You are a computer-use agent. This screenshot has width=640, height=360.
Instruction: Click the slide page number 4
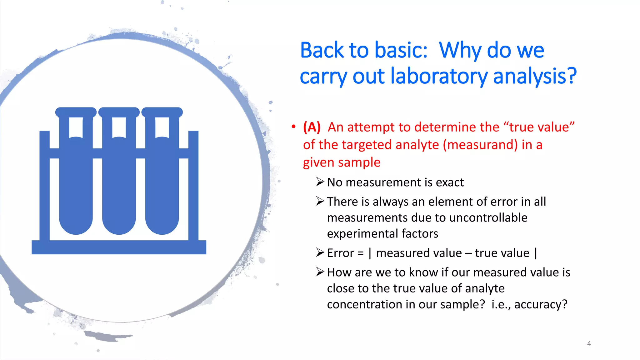coord(589,344)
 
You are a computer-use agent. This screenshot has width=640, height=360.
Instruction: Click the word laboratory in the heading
coord(439,77)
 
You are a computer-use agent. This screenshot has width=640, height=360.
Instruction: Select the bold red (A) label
coord(312,127)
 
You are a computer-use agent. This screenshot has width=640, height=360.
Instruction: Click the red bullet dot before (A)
coord(293,127)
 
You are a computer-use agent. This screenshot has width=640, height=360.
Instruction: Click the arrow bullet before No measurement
coord(320,182)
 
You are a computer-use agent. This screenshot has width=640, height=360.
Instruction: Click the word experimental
coord(362,234)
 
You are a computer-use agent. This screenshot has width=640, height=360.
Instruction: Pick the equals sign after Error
coord(361,253)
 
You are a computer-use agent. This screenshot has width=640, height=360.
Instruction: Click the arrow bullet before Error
coord(320,252)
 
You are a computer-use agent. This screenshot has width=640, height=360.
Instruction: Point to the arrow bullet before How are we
coord(320,272)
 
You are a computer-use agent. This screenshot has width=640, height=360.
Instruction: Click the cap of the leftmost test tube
coord(76,112)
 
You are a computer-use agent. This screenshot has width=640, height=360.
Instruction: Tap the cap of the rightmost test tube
coord(162,112)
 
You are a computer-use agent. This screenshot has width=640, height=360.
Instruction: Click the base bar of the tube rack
coord(119,247)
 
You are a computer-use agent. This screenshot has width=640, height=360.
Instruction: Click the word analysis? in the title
coord(535,77)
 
